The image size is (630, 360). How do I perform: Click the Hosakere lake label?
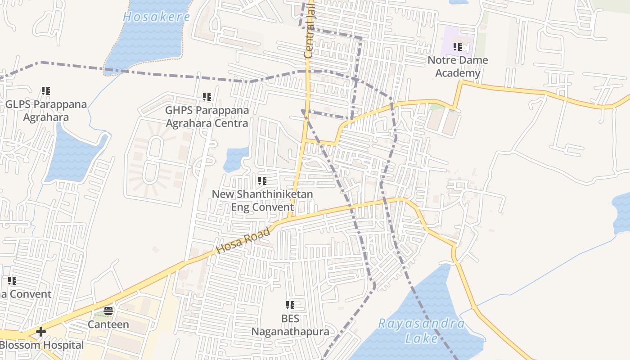pos(157,17)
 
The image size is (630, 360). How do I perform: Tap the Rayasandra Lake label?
pos(421,331)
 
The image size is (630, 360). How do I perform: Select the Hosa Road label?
pos(243,241)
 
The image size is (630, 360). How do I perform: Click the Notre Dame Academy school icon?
pos(458,46)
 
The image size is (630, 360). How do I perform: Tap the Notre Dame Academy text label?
pos(458,67)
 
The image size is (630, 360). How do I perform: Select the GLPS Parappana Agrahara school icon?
pos(45,91)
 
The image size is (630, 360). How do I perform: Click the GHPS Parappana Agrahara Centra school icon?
pos(207,96)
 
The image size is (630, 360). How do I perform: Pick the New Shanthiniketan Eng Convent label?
pos(262,201)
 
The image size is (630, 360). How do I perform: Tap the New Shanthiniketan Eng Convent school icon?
pos(262,181)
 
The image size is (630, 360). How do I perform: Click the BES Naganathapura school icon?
pos(290,305)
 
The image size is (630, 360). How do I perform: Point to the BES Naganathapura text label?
pos(290,325)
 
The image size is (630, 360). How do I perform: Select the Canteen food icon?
pos(108,310)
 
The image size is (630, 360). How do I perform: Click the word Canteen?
pos(108,324)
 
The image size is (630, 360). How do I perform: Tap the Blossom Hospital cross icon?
pos(41,332)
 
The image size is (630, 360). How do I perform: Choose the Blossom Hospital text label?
pos(42,345)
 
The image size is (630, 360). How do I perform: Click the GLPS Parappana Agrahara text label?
pos(46,111)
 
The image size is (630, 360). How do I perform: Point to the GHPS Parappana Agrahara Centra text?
pos(207,117)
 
